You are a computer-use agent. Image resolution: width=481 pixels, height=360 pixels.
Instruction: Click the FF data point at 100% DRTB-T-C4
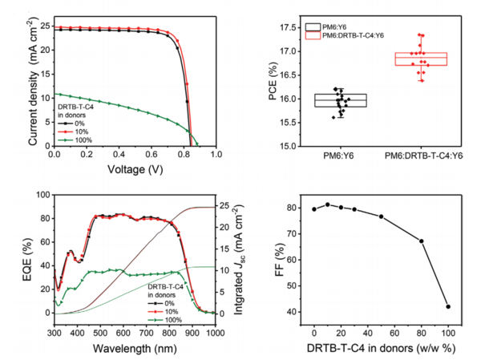coord(448,306)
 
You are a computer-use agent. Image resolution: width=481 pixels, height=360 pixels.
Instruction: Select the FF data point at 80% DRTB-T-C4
coord(422,241)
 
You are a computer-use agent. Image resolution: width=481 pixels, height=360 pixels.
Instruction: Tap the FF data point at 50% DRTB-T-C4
coord(382,216)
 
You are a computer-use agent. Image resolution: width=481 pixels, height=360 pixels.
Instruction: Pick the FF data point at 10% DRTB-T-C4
coord(328,204)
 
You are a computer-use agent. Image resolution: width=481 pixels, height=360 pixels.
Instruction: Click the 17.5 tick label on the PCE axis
coord(290,28)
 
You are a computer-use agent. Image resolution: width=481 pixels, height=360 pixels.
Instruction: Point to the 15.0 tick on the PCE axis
coord(290,147)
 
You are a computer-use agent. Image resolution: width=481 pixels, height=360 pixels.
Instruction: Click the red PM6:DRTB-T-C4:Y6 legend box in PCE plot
coord(313,35)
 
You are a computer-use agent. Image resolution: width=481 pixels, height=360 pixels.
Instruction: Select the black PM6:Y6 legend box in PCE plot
coord(313,27)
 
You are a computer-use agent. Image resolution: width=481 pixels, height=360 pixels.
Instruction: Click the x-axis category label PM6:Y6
coord(338,156)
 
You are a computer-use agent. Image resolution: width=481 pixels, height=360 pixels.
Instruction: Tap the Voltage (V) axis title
coord(135,169)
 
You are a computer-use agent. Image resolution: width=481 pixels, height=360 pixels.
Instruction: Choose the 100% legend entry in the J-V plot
coord(75,140)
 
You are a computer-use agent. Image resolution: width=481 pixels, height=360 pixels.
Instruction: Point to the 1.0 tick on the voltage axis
coord(216,154)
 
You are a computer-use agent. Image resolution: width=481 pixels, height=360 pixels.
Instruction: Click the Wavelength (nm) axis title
coord(135,349)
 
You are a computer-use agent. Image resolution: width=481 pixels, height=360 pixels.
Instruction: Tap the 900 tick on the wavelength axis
coord(192,334)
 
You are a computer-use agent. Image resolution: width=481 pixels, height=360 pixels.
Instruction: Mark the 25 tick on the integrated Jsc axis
coord(224,205)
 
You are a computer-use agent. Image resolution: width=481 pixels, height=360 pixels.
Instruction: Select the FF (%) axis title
coord(280,260)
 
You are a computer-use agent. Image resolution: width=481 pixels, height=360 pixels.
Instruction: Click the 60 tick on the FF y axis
coord(293,260)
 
